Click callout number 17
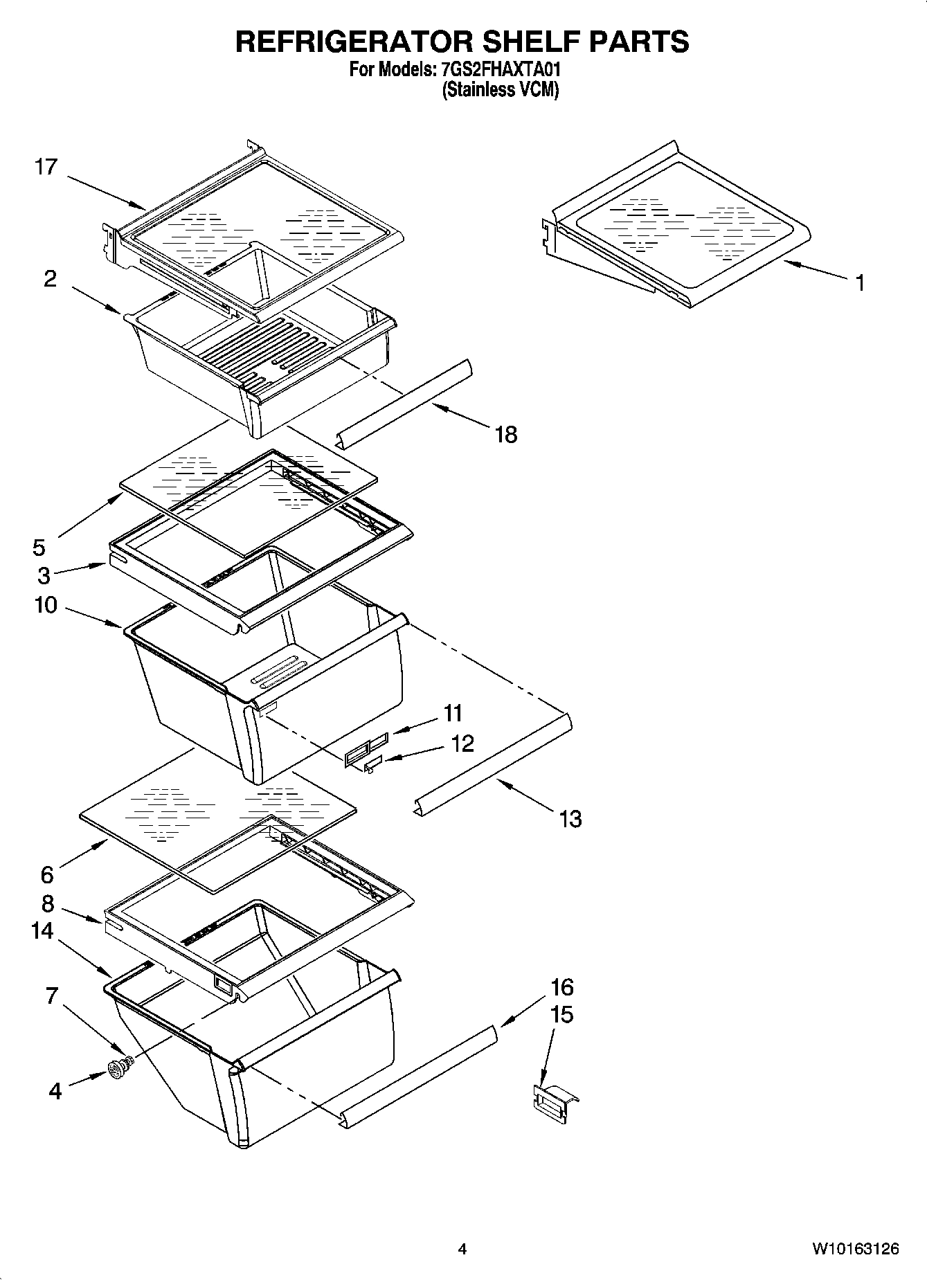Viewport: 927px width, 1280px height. click(46, 168)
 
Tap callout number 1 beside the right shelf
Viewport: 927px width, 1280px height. click(859, 282)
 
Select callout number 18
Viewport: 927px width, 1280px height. click(506, 435)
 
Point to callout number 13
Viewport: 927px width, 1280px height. click(570, 820)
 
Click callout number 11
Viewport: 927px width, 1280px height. click(453, 712)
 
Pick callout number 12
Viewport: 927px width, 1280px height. click(462, 743)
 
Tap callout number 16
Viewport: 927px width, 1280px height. click(562, 986)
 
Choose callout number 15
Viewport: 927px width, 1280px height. click(562, 1015)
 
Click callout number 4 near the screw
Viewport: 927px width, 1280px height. click(55, 1092)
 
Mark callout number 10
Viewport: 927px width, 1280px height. click(46, 605)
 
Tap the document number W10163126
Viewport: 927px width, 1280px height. click(856, 1249)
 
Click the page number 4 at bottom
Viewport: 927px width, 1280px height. click(462, 1249)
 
